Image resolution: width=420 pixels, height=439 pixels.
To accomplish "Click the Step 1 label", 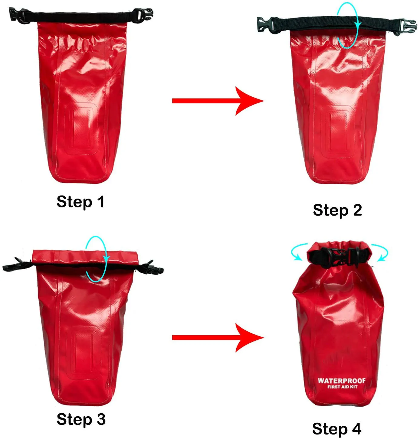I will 80,202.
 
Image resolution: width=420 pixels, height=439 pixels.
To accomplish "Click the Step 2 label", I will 337,210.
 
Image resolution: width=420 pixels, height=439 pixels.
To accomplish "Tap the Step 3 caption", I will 81,419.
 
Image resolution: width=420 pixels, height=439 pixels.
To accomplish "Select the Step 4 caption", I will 336,429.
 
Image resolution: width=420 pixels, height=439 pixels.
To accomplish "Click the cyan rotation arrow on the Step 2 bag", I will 348,25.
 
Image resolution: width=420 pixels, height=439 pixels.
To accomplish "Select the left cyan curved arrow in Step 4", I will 298,253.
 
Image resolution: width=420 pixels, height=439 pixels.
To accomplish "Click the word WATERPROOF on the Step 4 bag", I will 341,381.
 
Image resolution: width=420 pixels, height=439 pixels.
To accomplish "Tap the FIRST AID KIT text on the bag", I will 342,387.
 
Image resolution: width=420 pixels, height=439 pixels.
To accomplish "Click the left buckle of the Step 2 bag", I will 266,24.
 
